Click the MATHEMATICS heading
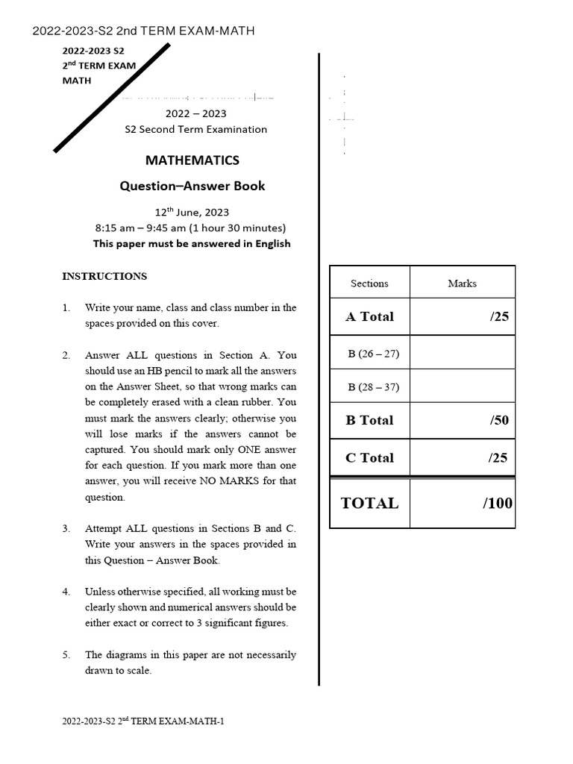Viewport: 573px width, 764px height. point(192,160)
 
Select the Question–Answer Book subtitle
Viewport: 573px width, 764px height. point(192,186)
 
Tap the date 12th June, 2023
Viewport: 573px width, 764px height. point(192,212)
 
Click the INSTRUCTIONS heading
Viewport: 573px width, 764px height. point(104,276)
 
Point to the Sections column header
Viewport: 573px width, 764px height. point(369,284)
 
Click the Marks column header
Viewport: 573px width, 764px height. point(462,284)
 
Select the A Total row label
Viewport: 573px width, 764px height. point(369,316)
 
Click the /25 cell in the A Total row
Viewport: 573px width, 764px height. point(498,316)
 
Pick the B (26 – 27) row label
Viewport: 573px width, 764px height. point(373,354)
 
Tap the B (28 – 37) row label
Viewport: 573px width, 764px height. point(373,387)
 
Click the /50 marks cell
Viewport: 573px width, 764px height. point(498,420)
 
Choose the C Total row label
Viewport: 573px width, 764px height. point(369,457)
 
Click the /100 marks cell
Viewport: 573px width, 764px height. point(497,503)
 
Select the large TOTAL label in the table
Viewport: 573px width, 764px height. point(369,503)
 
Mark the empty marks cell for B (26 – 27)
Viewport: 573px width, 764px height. point(462,353)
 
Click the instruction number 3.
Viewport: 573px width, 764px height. point(66,528)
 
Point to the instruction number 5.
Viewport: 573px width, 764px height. point(66,655)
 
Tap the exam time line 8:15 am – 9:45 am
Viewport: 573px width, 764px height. point(191,228)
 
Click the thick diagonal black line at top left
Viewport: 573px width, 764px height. point(112,98)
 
